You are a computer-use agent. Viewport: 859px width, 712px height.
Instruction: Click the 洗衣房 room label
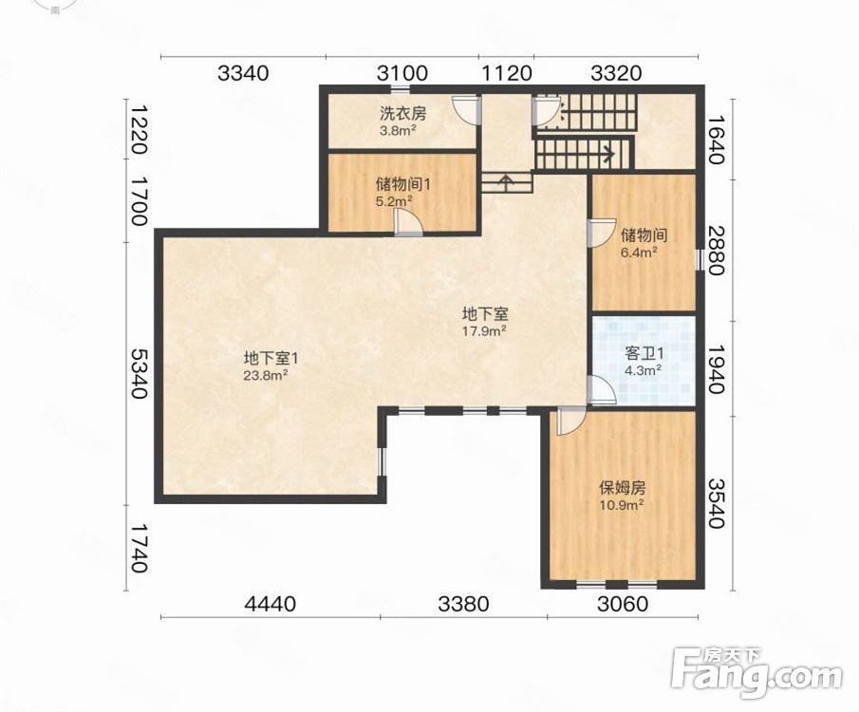point(403,114)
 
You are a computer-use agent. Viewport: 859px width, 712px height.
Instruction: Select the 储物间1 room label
point(402,184)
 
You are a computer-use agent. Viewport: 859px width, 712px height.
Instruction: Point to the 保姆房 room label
point(622,487)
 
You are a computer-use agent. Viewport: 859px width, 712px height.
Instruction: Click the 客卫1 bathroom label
point(644,353)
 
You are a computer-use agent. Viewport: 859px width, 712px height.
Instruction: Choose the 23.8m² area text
point(267,375)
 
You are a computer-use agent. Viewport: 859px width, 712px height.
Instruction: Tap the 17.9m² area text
point(484,331)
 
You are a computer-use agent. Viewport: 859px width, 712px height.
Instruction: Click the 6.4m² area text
point(640,253)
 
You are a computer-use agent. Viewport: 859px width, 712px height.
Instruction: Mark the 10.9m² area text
point(622,504)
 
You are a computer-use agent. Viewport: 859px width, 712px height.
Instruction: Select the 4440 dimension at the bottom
point(271,604)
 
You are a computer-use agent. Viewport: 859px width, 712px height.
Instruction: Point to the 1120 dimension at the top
point(506,73)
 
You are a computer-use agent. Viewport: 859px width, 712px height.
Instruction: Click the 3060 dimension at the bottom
point(623,604)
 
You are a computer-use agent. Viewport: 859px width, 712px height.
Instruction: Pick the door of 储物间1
point(408,223)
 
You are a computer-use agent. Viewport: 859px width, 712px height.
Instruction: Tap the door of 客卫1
point(601,391)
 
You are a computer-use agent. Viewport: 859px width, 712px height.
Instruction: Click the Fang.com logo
point(756,675)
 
